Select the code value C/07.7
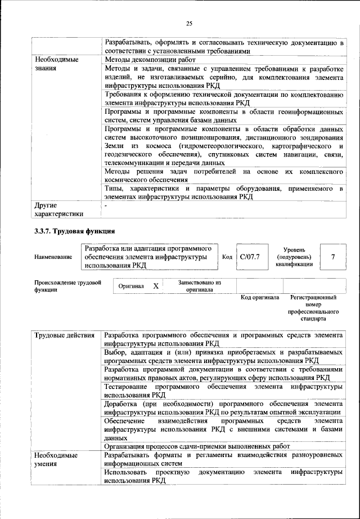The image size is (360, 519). [250, 257]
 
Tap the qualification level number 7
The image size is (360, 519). [334, 257]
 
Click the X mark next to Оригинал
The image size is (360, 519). [156, 287]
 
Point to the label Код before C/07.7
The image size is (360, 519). [227, 257]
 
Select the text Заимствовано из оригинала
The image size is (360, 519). [199, 287]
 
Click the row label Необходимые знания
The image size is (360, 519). [56, 63]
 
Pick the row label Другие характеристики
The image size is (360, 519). [58, 209]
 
